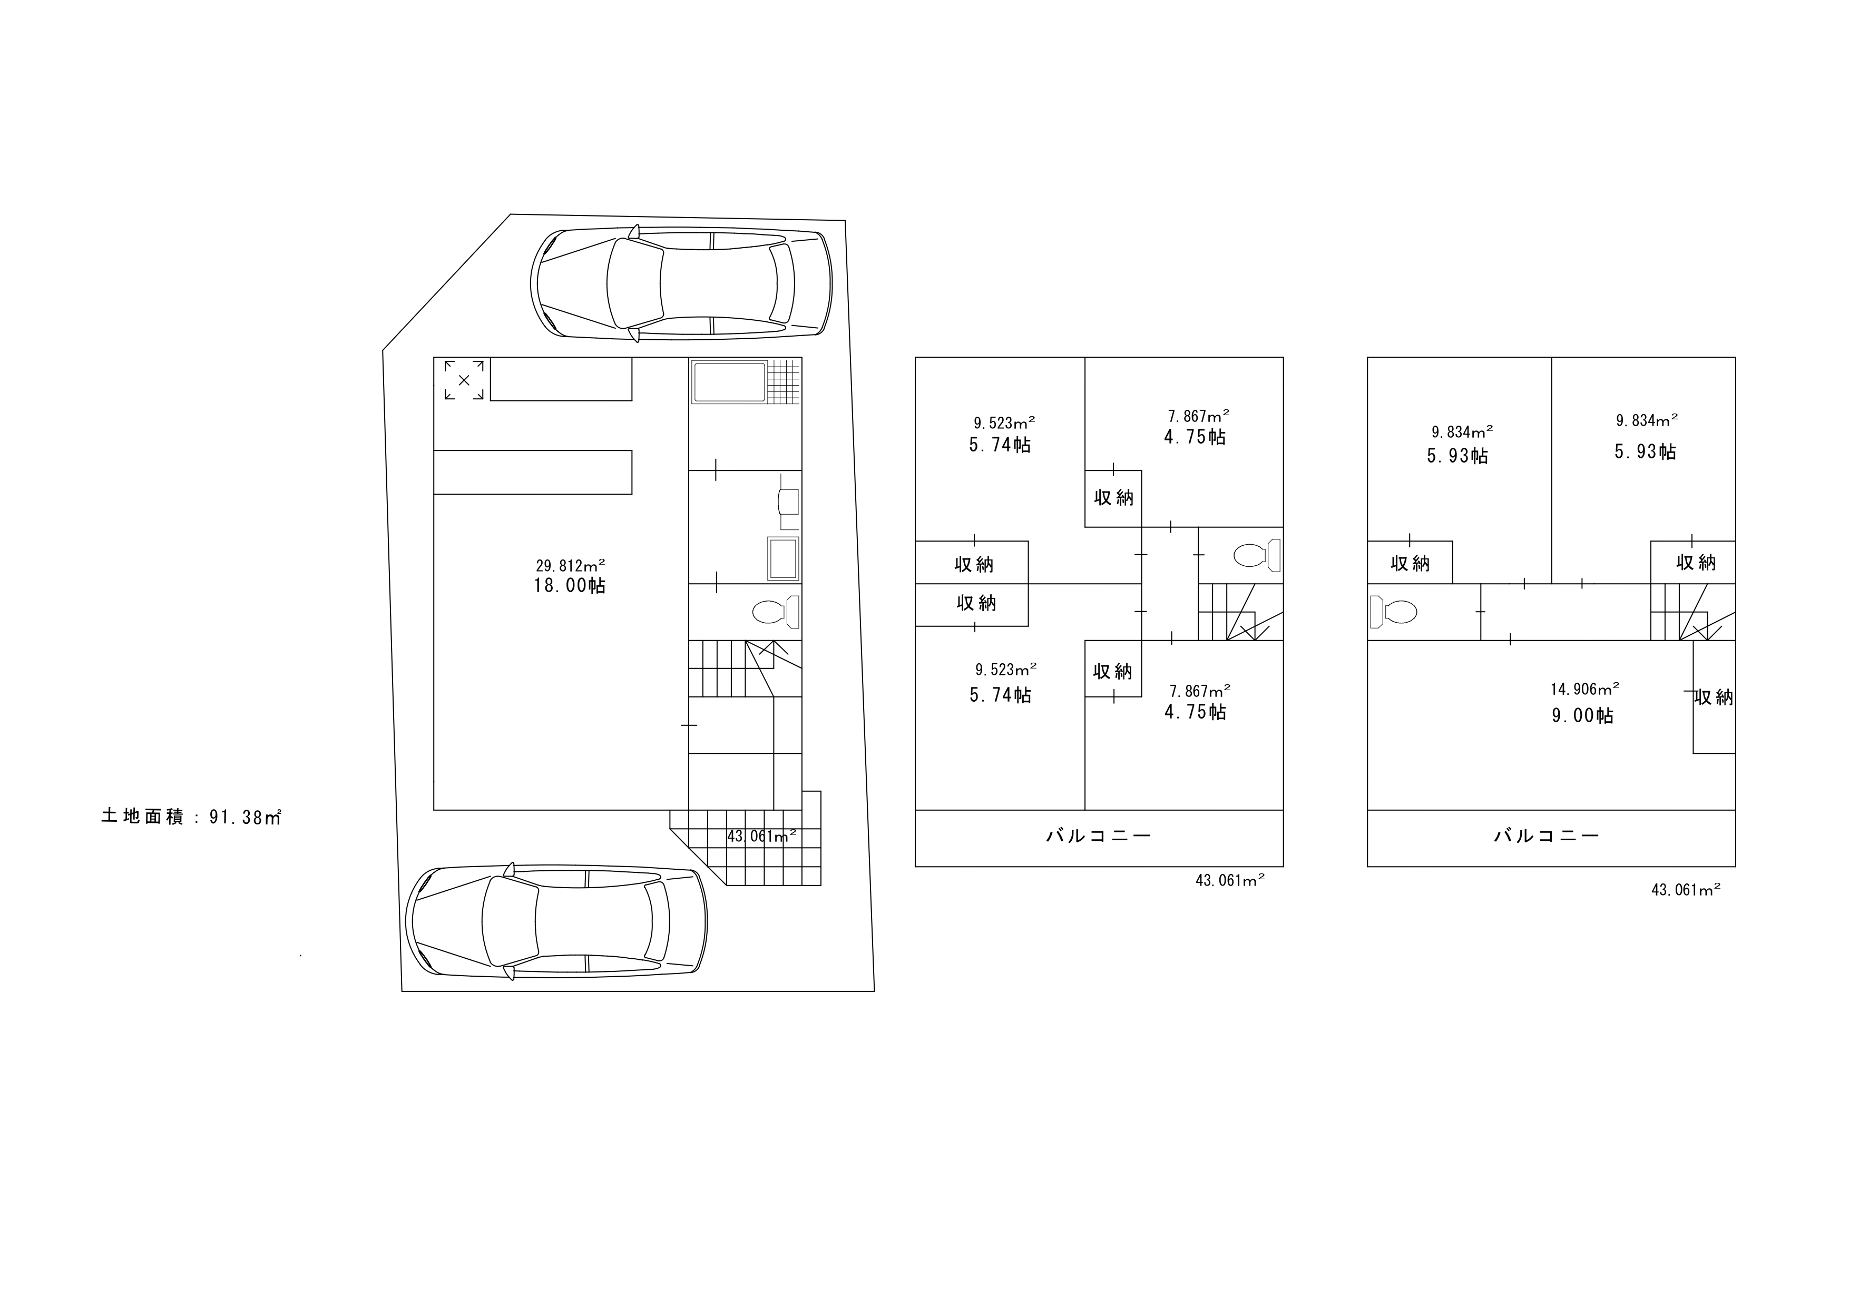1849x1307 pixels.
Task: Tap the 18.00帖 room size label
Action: tap(570, 585)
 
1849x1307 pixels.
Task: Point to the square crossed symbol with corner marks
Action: tap(464, 380)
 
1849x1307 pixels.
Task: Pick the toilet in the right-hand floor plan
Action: tap(1393, 612)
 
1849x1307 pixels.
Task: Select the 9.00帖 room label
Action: tap(1582, 715)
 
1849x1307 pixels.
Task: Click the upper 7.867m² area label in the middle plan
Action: tap(1198, 416)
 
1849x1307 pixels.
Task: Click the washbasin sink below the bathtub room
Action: tap(784, 558)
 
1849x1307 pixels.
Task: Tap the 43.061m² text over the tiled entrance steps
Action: tap(762, 836)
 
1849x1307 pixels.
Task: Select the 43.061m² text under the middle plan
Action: tap(1230, 880)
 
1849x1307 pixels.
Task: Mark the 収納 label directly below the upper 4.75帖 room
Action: tap(1114, 498)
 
